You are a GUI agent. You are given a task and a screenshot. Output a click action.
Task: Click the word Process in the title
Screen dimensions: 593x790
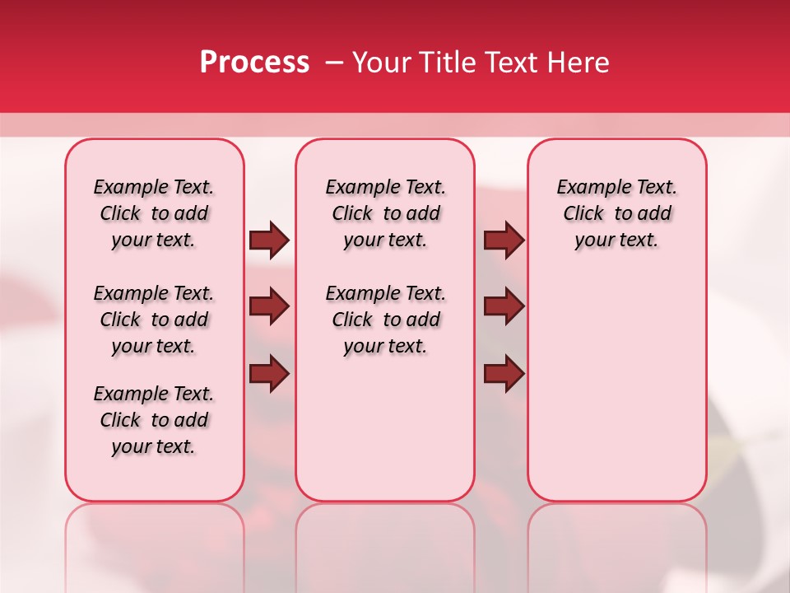tap(254, 63)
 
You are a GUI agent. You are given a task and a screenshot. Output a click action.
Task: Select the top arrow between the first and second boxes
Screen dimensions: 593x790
tap(269, 240)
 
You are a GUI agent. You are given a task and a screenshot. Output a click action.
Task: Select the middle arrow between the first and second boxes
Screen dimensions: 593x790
tap(269, 306)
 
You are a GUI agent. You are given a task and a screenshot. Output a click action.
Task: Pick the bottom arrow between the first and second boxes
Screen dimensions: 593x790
tap(269, 374)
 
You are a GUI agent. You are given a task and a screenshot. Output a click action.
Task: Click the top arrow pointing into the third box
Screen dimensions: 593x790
tap(504, 240)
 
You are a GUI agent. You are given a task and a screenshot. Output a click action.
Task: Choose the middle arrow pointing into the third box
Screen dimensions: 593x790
tap(504, 306)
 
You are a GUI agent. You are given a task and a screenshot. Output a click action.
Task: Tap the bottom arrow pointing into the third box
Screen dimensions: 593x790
tap(504, 374)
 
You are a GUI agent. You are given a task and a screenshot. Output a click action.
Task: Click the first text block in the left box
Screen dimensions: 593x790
tap(154, 213)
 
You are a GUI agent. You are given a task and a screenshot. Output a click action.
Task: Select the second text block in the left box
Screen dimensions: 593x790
tap(154, 320)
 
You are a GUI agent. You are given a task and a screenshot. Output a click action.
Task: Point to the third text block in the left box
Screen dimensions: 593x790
tap(154, 420)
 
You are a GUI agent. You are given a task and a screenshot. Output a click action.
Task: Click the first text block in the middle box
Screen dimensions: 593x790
tap(386, 213)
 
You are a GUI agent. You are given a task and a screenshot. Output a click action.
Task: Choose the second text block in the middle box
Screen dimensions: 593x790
tap(386, 320)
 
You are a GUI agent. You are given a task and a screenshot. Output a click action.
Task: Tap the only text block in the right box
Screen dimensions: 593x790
tap(617, 213)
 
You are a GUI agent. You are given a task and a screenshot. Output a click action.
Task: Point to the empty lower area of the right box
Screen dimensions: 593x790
tap(617, 387)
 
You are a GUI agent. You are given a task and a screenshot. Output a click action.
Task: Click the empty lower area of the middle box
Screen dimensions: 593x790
tap(386, 428)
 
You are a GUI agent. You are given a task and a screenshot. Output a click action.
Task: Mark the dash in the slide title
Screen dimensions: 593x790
tap(334, 63)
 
